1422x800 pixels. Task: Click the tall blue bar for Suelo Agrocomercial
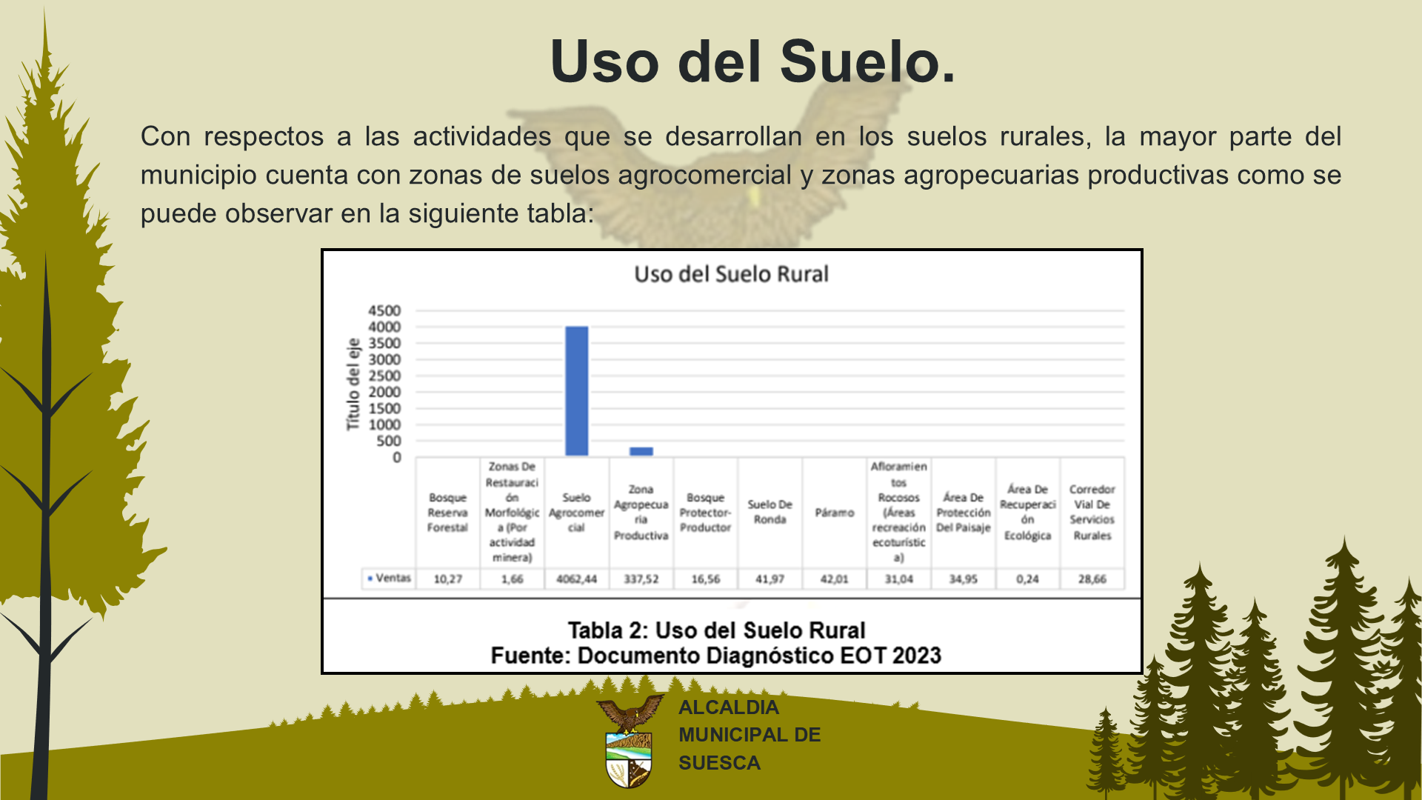(577, 391)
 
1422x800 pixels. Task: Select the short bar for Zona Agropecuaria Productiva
(641, 451)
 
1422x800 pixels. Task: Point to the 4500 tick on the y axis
(384, 310)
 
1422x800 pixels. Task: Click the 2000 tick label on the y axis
(384, 392)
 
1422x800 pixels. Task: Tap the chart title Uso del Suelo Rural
(731, 274)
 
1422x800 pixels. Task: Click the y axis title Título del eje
(353, 384)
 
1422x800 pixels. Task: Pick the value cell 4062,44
(577, 579)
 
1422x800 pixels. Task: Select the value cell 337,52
(641, 579)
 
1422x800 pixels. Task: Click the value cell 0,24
(1028, 579)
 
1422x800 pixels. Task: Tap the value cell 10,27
(448, 579)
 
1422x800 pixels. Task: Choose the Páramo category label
(835, 513)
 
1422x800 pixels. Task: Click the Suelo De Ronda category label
(770, 512)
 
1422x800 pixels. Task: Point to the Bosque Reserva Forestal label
(448, 513)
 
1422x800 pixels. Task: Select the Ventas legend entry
(390, 578)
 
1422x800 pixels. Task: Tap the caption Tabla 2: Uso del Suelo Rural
(716, 630)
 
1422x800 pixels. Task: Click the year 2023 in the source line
(917, 656)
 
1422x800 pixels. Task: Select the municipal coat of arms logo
(630, 741)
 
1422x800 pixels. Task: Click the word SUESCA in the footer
(719, 763)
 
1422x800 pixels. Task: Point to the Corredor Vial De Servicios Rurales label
(1092, 513)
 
